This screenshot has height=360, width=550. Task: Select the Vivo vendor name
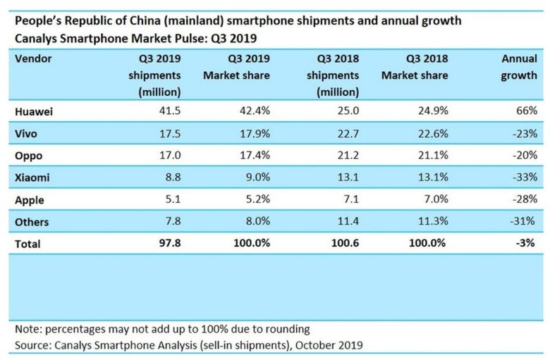(27, 132)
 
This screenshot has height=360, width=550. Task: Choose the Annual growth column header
(518, 66)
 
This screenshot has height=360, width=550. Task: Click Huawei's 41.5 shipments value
(169, 111)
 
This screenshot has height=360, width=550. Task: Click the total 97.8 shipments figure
(169, 244)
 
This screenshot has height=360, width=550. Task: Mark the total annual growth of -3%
(525, 244)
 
